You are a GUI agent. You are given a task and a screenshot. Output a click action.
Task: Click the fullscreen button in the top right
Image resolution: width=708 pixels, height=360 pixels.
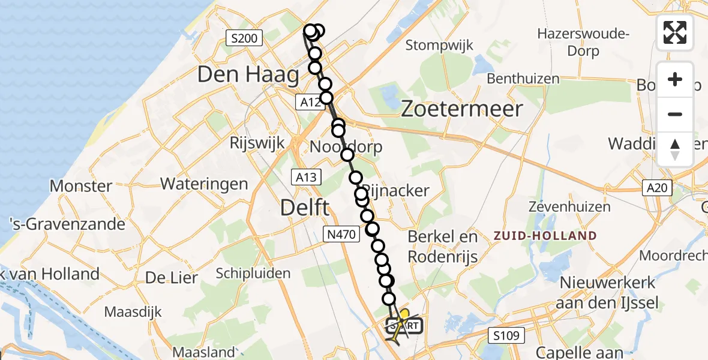tap(675, 32)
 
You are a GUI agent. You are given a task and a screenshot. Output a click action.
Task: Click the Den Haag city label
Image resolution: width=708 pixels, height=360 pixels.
tap(248, 75)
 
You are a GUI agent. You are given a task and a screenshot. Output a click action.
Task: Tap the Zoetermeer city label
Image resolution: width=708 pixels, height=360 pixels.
tap(461, 109)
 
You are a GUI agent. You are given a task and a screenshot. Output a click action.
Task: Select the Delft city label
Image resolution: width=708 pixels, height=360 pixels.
tap(305, 208)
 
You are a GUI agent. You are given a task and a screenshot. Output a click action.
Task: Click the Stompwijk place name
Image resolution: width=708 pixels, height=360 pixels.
tap(439, 45)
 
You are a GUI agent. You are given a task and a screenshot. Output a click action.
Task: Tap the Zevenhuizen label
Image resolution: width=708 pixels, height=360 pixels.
tap(569, 207)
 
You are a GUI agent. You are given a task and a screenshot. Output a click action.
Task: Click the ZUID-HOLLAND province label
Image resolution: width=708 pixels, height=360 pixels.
tap(545, 236)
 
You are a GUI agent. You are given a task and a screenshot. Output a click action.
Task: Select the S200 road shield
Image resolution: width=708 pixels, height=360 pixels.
tap(244, 39)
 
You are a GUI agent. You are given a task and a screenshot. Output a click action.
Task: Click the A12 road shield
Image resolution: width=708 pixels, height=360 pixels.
tap(310, 103)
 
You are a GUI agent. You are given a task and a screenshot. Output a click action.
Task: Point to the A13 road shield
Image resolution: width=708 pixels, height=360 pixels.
tap(307, 177)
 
